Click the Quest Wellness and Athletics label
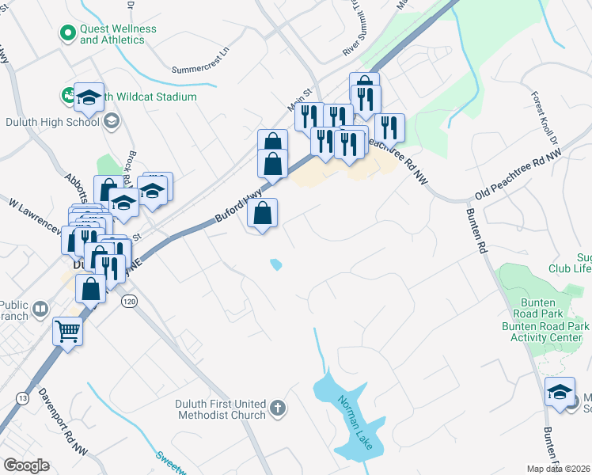(118, 34)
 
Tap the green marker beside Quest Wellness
(67, 33)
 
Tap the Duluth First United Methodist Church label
(220, 409)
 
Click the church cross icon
(277, 408)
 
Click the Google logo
(26, 465)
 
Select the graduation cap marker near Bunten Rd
(560, 391)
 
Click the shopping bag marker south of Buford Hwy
(262, 213)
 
